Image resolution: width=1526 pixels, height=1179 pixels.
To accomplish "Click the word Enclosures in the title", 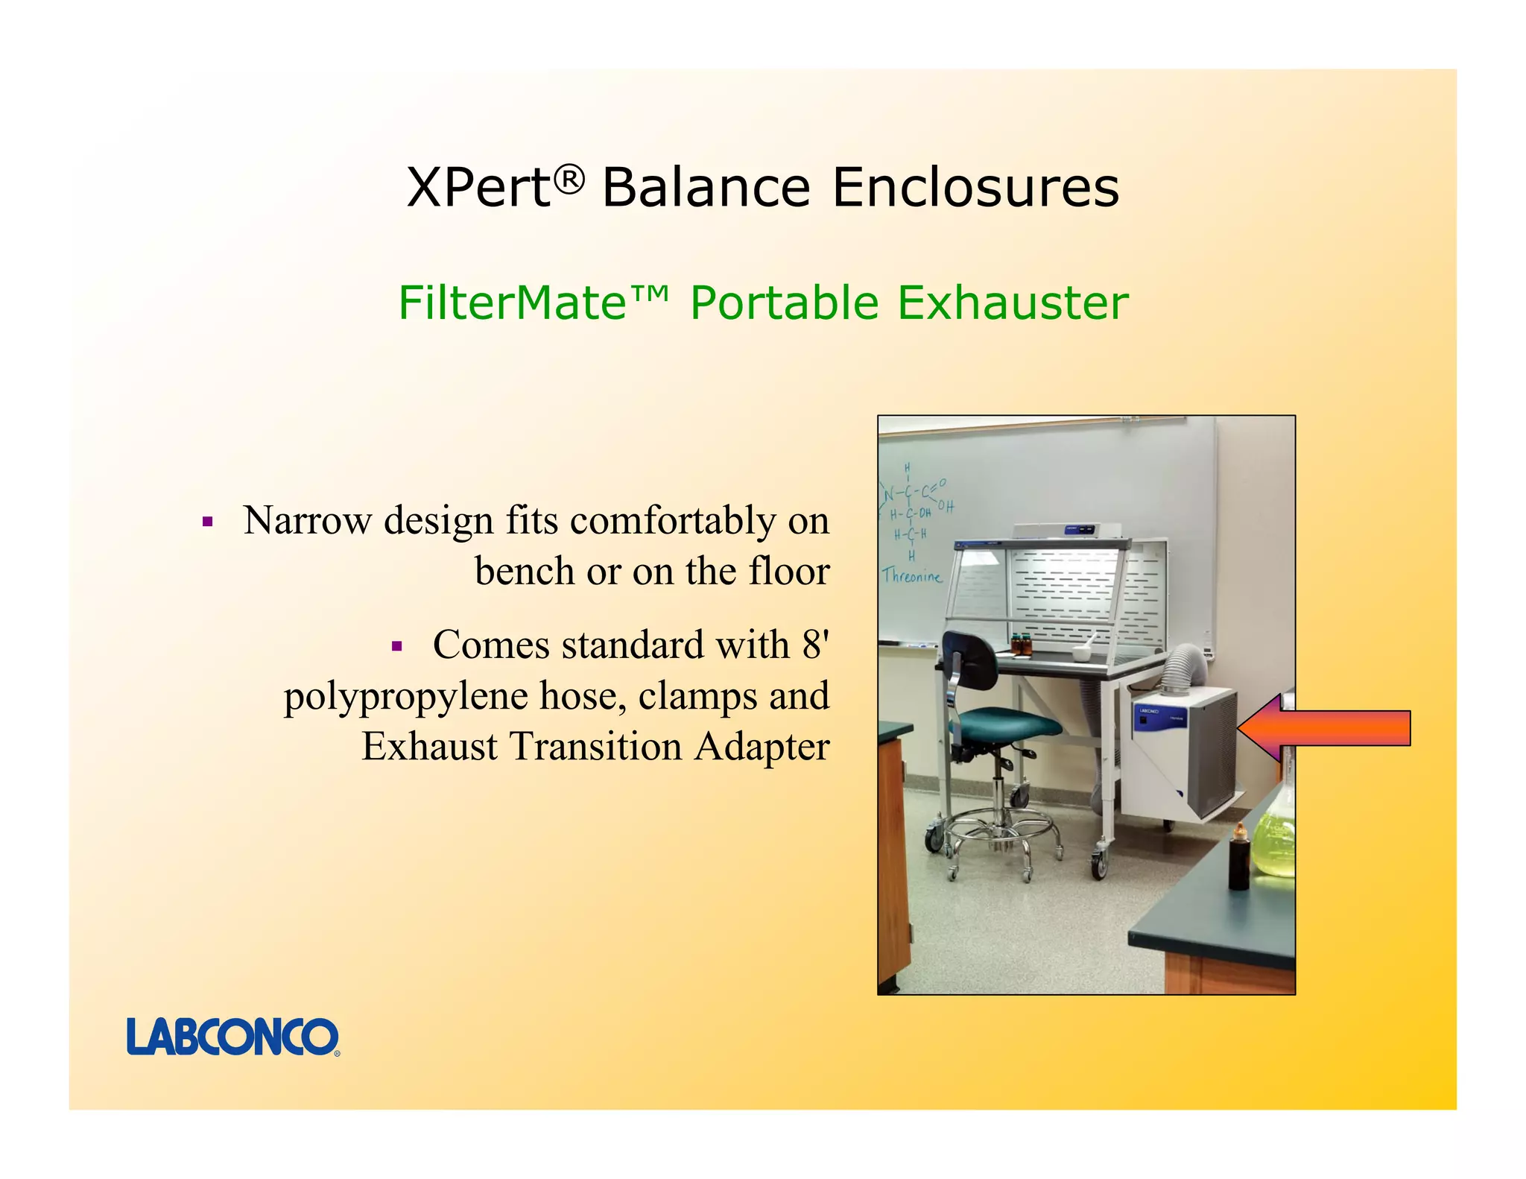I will point(975,188).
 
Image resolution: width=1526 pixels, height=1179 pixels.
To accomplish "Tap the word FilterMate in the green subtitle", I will point(513,303).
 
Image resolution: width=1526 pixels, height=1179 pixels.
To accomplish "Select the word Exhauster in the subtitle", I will point(1013,303).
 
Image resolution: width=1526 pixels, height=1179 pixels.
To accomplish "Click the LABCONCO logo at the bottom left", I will point(232,1037).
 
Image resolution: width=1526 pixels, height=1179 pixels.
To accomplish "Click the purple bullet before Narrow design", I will point(208,522).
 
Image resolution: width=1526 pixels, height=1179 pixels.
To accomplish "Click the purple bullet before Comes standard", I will point(396,646).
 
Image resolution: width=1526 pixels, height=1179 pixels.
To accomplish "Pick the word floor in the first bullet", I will point(788,572).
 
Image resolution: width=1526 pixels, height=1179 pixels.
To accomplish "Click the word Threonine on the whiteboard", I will point(912,575).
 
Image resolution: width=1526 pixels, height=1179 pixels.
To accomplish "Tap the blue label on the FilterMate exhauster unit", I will point(1148,712).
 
